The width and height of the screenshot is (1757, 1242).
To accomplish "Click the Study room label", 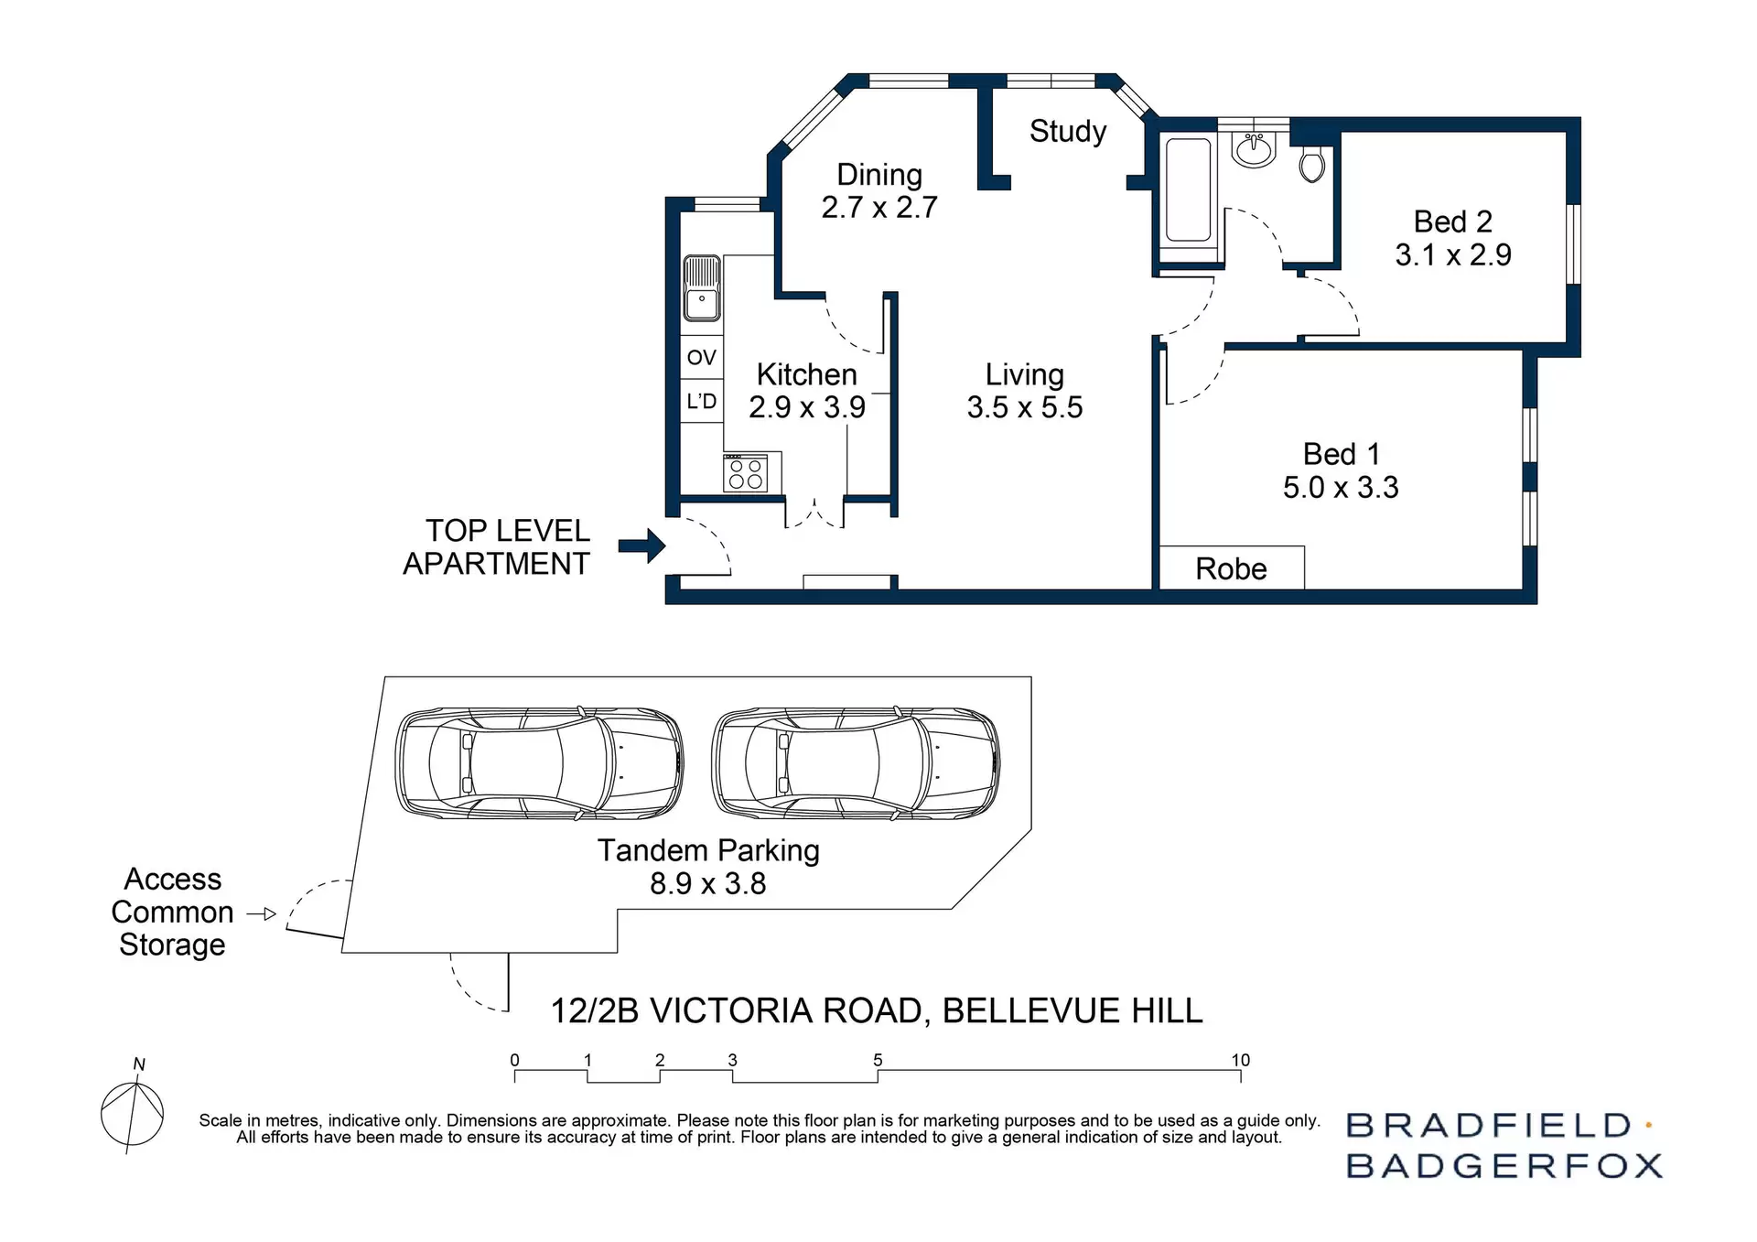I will (x=1067, y=131).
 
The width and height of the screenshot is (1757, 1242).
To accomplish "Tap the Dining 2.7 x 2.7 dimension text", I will (x=878, y=208).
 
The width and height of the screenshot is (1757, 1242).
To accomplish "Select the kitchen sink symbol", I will (x=702, y=288).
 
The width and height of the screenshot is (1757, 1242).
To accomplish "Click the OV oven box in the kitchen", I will (x=702, y=357).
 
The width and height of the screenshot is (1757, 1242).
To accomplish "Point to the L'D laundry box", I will (x=702, y=401).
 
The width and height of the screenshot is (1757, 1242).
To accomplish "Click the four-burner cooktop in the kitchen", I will (x=745, y=473).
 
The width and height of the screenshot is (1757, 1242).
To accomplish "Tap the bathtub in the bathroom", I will (x=1189, y=189).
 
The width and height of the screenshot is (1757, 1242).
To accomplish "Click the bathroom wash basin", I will (x=1253, y=149).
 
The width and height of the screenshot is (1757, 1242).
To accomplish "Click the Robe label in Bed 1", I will (x=1231, y=569).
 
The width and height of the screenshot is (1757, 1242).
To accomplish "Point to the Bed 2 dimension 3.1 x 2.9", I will (x=1452, y=254).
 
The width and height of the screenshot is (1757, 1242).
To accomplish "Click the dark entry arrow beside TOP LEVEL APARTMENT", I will (x=642, y=546).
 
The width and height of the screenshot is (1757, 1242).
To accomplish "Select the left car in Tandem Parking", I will (x=539, y=762).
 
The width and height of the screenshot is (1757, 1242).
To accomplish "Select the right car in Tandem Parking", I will (x=856, y=762).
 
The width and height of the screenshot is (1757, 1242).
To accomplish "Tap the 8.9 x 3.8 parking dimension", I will (x=707, y=884).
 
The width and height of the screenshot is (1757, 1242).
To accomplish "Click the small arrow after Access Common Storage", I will (x=262, y=913).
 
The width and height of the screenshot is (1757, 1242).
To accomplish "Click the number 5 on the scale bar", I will (x=877, y=1060).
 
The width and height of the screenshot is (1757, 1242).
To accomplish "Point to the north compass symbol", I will (x=133, y=1112).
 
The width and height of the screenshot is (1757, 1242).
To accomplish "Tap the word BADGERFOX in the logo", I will (x=1504, y=1166).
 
